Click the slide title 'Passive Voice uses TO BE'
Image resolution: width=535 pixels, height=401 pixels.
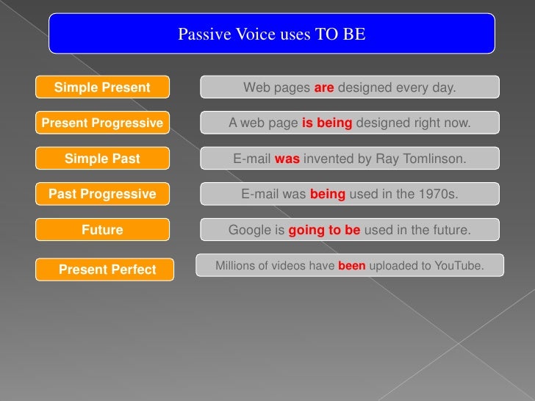[271, 35]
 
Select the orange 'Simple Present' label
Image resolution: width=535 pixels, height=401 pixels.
[102, 88]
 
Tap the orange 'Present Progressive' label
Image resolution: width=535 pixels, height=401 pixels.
[102, 123]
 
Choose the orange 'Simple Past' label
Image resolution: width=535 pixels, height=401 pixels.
[102, 159]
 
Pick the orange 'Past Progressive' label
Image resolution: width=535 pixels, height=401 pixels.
[102, 194]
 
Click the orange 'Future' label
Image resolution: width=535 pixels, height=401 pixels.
[102, 230]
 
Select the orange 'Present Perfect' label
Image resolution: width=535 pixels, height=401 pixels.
[107, 270]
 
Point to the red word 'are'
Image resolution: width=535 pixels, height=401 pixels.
[324, 88]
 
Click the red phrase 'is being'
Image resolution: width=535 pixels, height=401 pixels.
[327, 123]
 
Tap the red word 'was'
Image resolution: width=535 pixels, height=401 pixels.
[287, 159]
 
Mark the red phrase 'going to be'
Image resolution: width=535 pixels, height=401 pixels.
[324, 230]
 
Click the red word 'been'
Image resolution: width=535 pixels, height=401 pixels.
[351, 266]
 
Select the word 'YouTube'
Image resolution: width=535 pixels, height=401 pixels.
[461, 266]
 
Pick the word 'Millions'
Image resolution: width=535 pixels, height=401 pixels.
[234, 266]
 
